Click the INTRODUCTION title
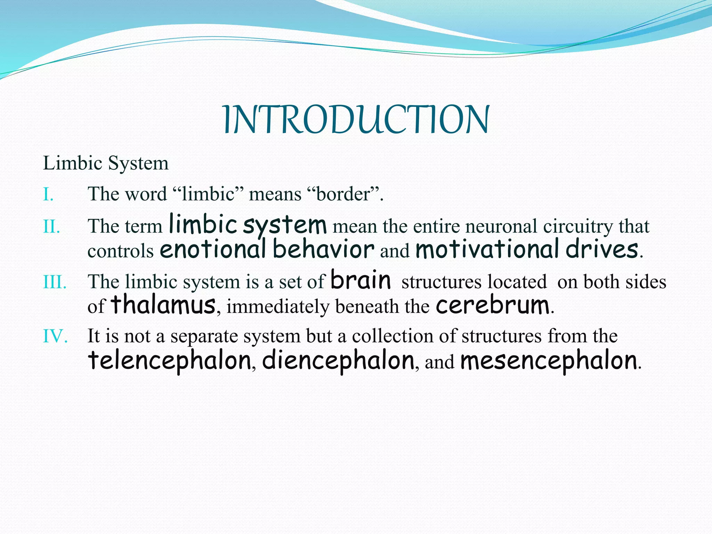[x=356, y=120]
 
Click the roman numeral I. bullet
[x=48, y=194]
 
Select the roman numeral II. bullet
[x=51, y=227]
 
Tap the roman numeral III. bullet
[x=55, y=282]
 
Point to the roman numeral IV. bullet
[x=55, y=336]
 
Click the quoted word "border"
[x=343, y=194]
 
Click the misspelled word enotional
[x=213, y=249]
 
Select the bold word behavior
[x=323, y=249]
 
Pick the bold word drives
[x=602, y=249]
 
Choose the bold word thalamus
[x=163, y=305]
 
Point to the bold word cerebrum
[x=493, y=305]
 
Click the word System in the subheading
[x=138, y=163]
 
